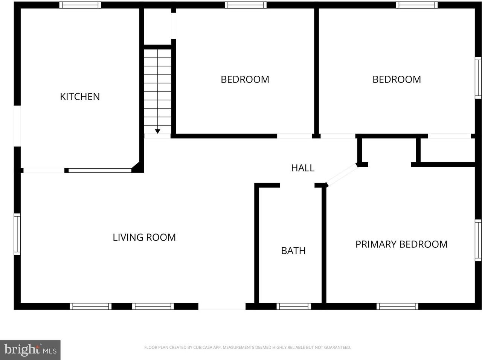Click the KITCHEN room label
[x=80, y=97]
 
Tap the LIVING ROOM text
[x=144, y=237]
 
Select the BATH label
[x=293, y=251]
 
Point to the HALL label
[x=302, y=168]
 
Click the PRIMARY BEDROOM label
[x=401, y=244]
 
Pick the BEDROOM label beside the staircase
[x=245, y=79]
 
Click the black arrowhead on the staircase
[x=157, y=131]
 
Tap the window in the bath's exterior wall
[x=294, y=307]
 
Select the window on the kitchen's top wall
[x=80, y=5]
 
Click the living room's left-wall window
[x=17, y=234]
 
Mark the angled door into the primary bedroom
[x=342, y=175]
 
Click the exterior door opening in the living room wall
[x=222, y=307]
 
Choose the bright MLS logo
[x=30, y=350]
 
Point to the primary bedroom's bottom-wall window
[x=397, y=307]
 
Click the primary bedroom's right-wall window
[x=478, y=240]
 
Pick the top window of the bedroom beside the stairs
[x=246, y=5]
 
